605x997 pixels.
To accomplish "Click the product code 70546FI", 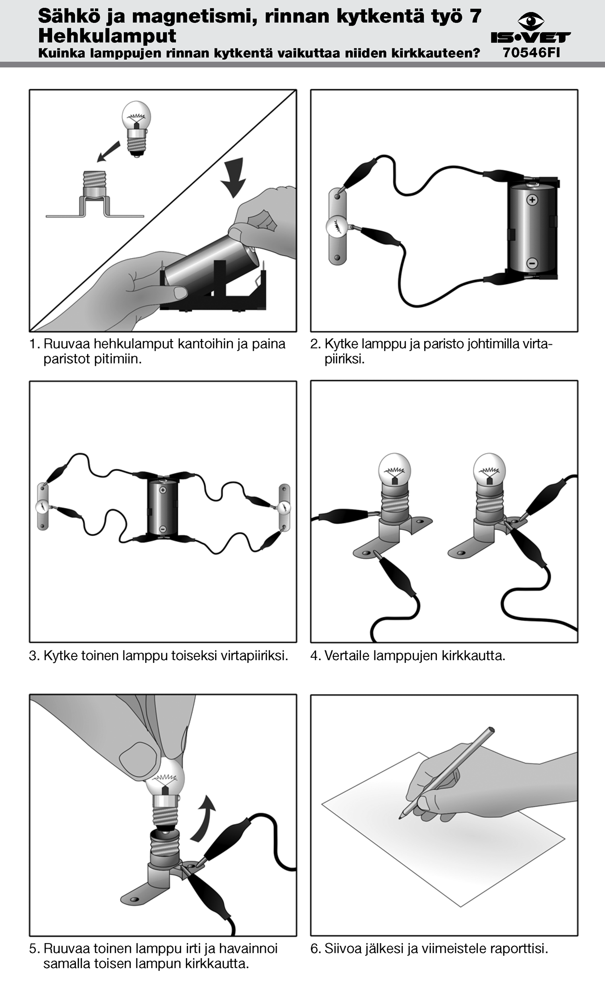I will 531,53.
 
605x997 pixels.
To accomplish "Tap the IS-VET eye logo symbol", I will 531,20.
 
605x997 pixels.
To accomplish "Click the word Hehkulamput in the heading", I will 107,36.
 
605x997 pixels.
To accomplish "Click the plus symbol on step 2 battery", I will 531,200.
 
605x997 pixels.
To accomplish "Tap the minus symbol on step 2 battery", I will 531,263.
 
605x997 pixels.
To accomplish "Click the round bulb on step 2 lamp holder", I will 337,227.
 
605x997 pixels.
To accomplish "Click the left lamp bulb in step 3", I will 42,506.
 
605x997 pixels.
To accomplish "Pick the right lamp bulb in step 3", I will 285,508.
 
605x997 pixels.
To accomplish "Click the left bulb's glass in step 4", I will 395,468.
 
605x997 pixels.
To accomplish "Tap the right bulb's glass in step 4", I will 489,468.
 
